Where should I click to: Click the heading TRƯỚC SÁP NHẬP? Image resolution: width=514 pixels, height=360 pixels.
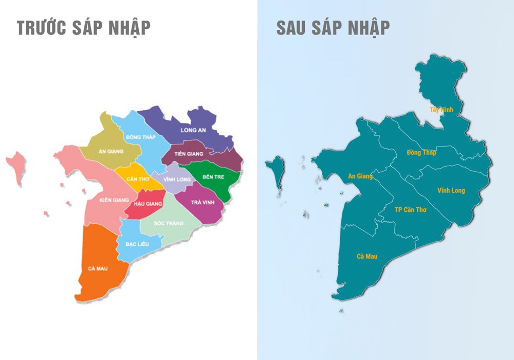click(84, 28)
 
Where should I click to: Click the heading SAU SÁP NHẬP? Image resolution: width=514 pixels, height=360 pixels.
click(333, 28)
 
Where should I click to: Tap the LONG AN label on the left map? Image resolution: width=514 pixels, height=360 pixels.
click(193, 130)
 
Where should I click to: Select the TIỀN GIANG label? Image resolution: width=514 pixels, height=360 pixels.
click(188, 154)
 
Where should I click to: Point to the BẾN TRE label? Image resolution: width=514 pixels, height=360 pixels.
click(213, 177)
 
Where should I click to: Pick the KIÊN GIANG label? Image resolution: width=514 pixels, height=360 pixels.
click(111, 200)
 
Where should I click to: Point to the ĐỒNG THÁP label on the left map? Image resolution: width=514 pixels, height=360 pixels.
click(140, 137)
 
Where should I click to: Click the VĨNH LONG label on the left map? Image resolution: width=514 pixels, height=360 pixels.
click(177, 179)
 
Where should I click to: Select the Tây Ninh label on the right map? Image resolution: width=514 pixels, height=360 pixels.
click(441, 109)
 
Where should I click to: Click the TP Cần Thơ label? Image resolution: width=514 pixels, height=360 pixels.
click(410, 209)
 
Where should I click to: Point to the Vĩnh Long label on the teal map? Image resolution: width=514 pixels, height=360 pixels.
click(451, 191)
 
